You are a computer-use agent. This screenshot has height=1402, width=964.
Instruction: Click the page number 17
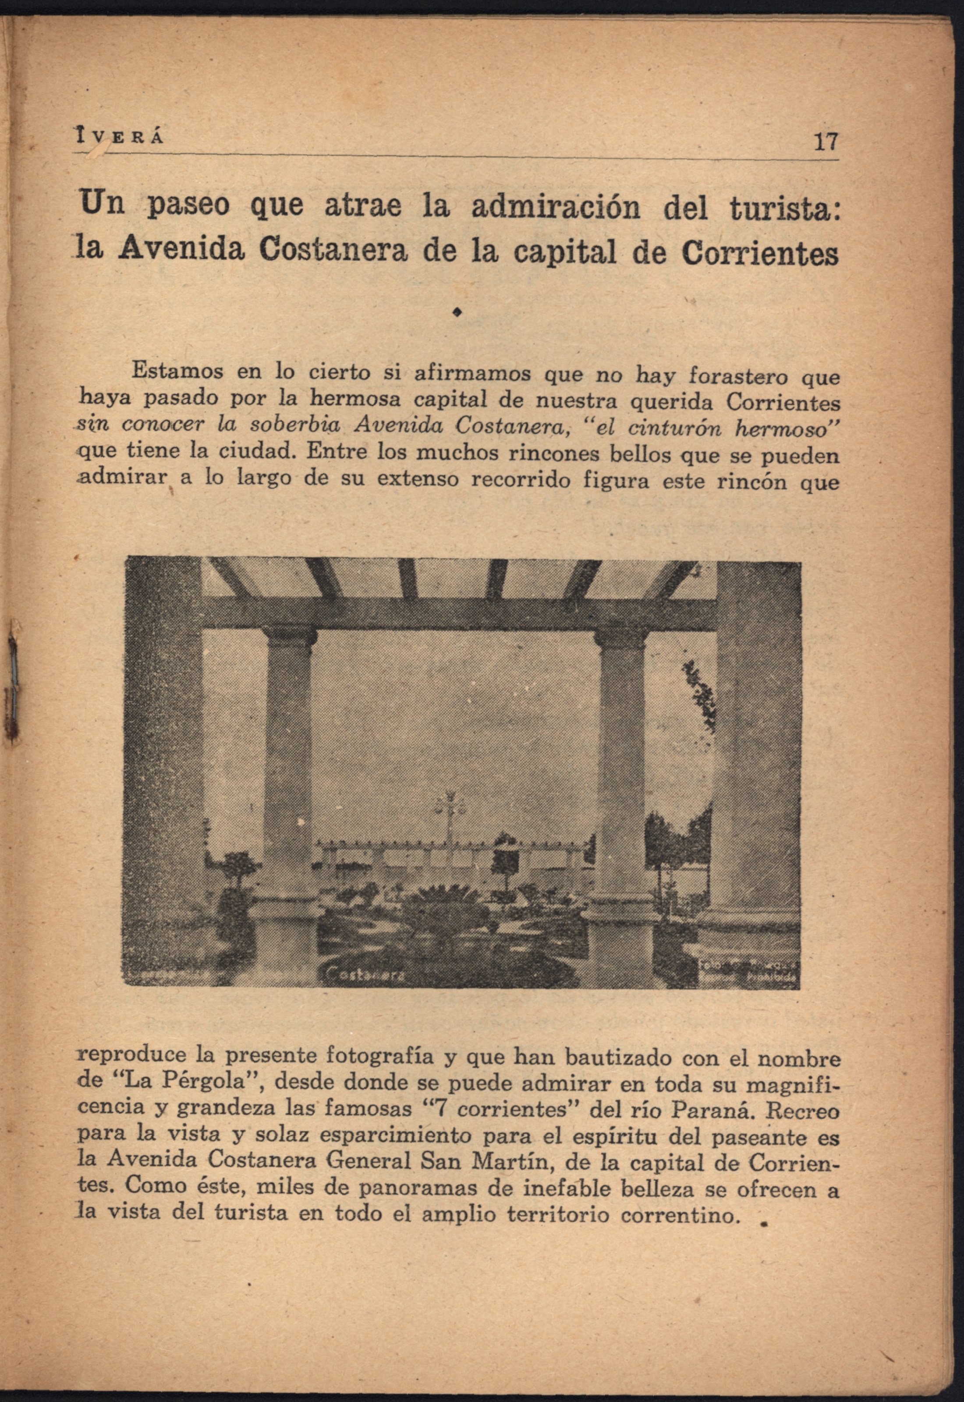tap(826, 142)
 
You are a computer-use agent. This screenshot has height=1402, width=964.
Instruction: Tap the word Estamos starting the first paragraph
tap(177, 371)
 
